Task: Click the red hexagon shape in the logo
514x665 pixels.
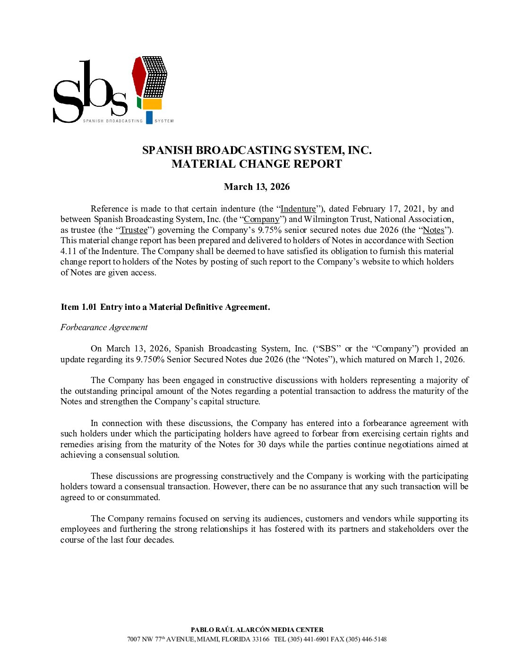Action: [x=139, y=76]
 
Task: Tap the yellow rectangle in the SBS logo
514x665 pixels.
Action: [x=152, y=104]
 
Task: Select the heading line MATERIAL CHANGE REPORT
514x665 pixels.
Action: [x=257, y=164]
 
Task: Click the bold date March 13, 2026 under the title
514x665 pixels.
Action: [x=257, y=187]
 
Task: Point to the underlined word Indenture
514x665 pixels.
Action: [x=298, y=209]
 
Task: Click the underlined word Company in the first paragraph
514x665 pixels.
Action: [x=262, y=219]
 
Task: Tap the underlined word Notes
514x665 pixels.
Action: [x=433, y=230]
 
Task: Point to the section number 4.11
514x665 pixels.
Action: [x=69, y=251]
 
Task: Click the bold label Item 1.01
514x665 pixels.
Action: [x=78, y=307]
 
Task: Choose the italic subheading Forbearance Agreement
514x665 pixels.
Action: [x=104, y=327]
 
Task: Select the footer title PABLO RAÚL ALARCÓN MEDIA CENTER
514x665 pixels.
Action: [x=257, y=630]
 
